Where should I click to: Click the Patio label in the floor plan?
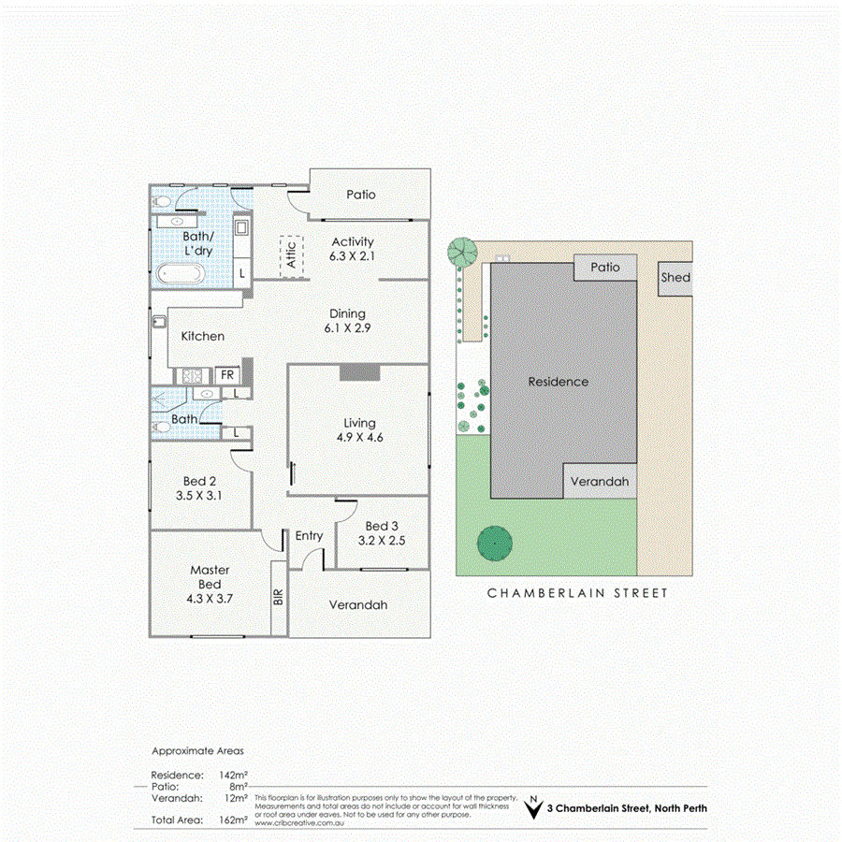(x=360, y=195)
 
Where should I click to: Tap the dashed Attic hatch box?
(x=290, y=254)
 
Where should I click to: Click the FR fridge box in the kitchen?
(x=226, y=374)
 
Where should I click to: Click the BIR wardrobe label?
(x=278, y=598)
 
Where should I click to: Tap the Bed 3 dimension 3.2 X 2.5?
(x=383, y=540)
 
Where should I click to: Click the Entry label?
(x=309, y=536)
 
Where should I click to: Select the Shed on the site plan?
(x=675, y=278)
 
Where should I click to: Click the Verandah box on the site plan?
(x=600, y=482)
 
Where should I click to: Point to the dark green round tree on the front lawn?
(x=493, y=543)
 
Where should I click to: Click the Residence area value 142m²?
(x=232, y=775)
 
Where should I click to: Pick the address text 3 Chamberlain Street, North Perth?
(x=627, y=808)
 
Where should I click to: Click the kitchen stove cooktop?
(x=193, y=375)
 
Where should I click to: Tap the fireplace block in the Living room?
(x=359, y=372)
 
